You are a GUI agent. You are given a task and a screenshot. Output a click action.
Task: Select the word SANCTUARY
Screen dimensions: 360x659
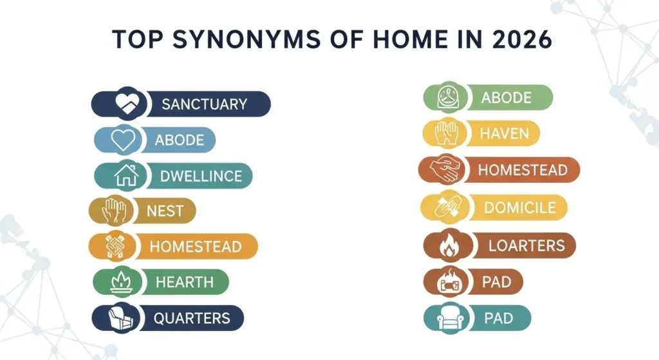pos(204,104)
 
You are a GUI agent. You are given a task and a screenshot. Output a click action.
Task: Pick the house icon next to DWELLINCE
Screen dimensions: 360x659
pos(126,175)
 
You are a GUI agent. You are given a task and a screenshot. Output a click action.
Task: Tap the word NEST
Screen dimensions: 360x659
pos(165,211)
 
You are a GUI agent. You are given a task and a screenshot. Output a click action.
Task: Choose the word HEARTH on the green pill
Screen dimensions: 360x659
pos(184,282)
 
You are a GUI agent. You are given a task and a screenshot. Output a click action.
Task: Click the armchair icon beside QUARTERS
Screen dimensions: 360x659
pos(122,318)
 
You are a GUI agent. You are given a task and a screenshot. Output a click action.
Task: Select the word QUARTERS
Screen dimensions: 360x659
pos(192,318)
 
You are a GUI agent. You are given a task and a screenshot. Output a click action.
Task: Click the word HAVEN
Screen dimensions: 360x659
pos(504,134)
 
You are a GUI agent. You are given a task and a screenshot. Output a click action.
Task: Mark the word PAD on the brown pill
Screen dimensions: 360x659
pos(497,282)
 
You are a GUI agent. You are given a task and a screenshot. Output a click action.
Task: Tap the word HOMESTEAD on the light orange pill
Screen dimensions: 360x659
pos(195,247)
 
